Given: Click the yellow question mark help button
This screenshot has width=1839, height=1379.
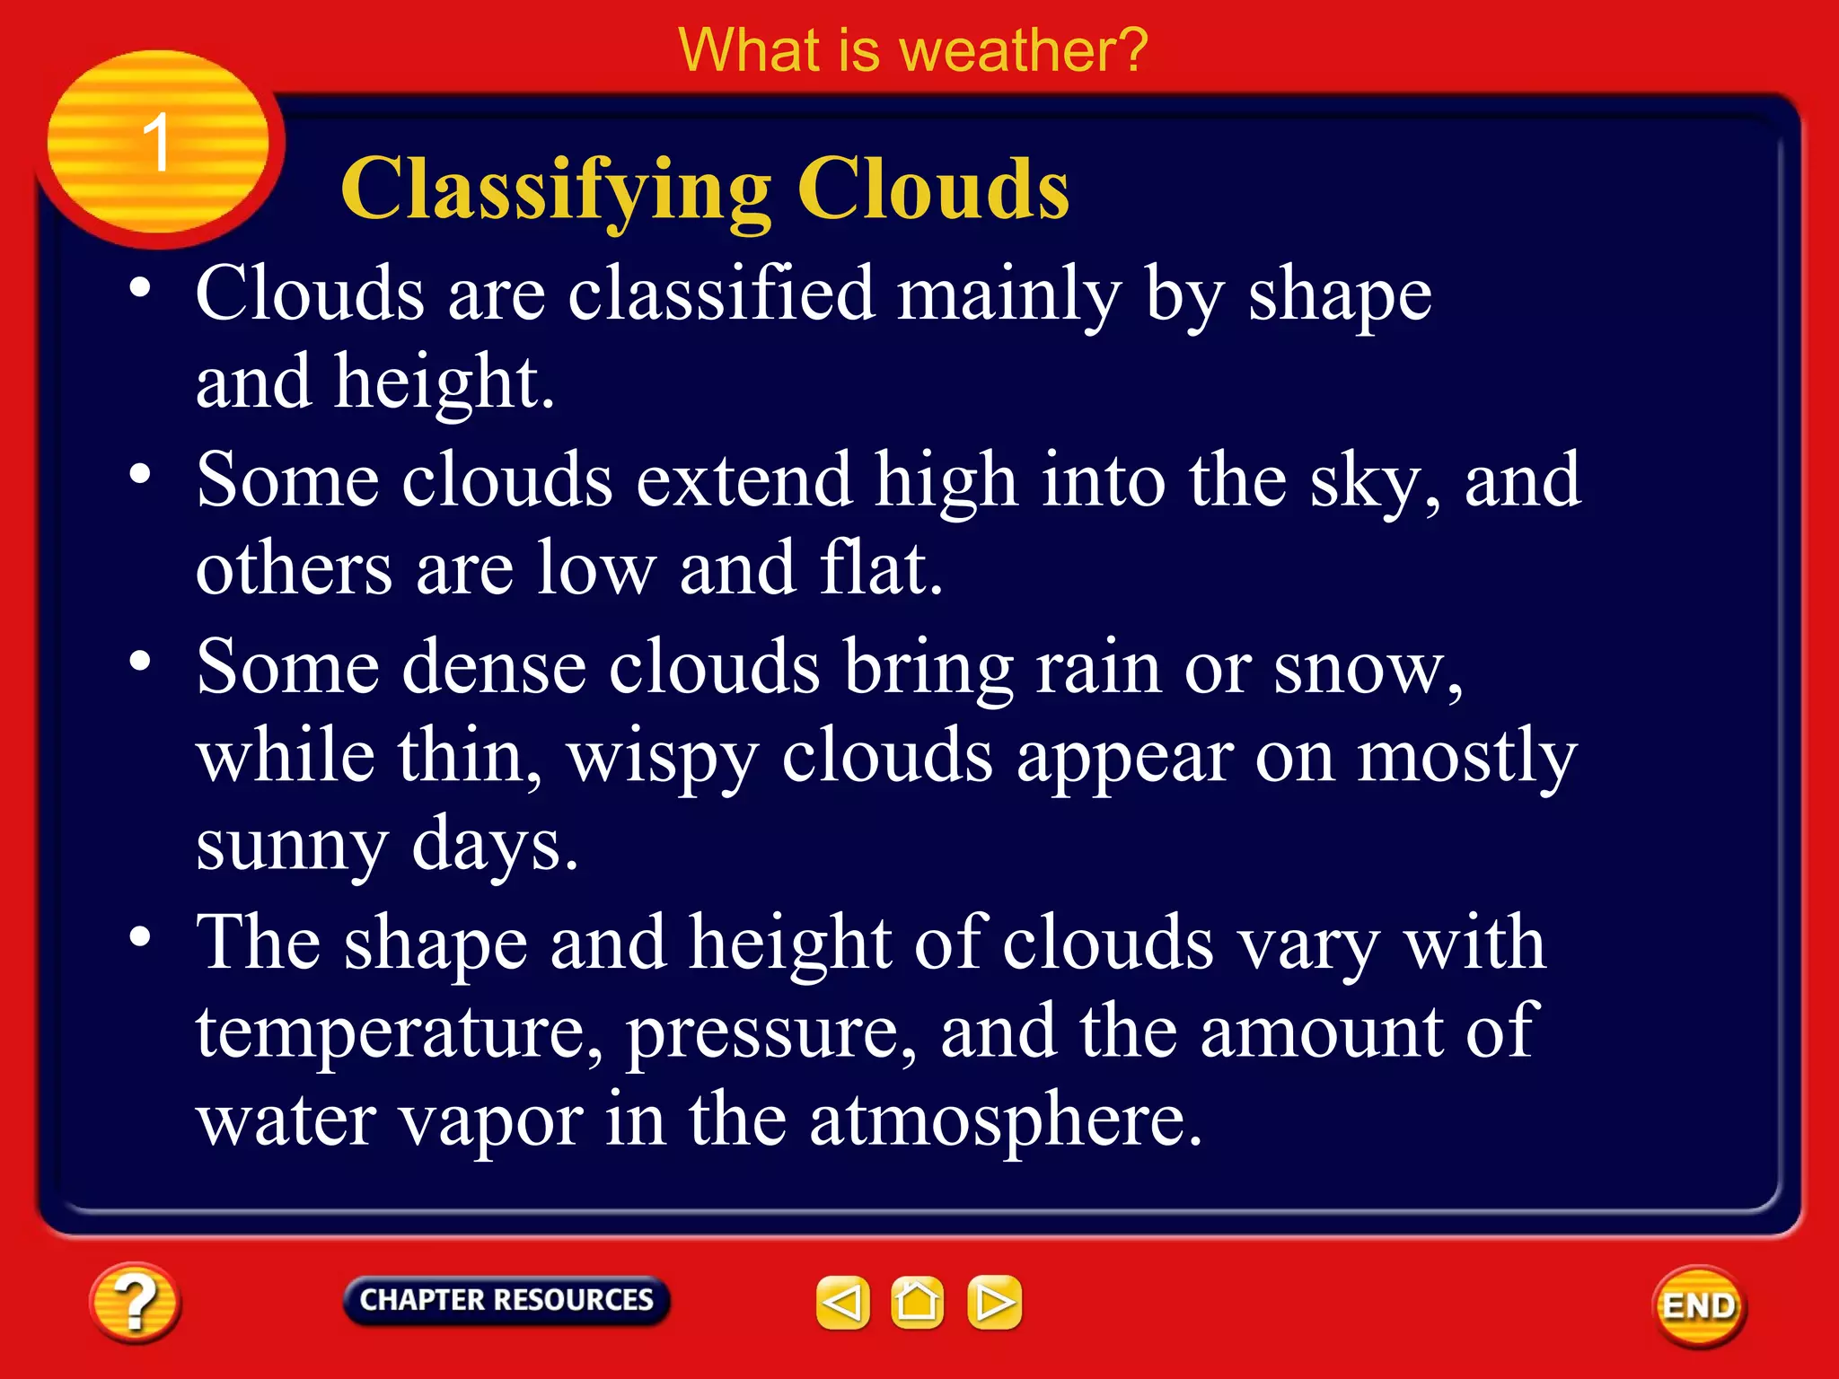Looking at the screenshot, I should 135,1303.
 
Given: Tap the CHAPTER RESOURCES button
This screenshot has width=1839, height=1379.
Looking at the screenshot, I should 506,1300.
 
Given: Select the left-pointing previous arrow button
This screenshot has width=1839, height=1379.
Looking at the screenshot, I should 842,1302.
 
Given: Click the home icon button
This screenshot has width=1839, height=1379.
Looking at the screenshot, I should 917,1302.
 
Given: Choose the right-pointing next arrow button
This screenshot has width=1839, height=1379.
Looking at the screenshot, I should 994,1302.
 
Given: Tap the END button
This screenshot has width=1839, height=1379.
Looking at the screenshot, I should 1699,1306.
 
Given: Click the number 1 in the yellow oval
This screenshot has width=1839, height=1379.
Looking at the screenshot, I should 157,143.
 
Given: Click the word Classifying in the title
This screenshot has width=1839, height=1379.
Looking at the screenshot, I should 557,190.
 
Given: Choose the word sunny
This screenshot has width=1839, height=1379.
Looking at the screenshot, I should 292,847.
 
